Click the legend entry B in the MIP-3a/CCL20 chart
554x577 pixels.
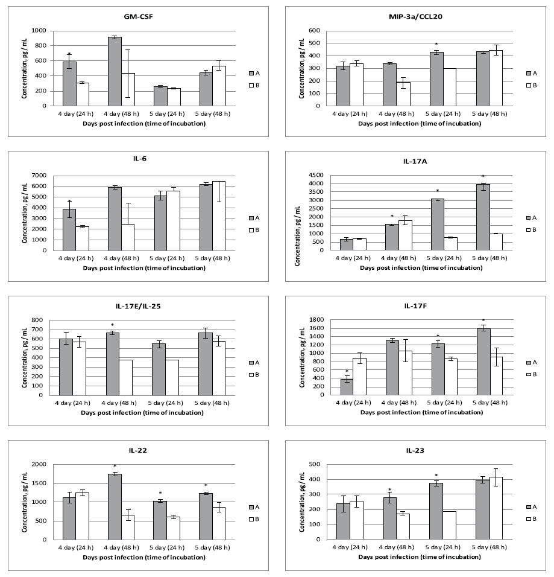coord(533,85)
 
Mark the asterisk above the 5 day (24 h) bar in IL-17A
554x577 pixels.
coord(437,191)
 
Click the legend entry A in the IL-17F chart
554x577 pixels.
coord(533,362)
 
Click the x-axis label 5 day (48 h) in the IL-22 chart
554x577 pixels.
coord(212,547)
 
